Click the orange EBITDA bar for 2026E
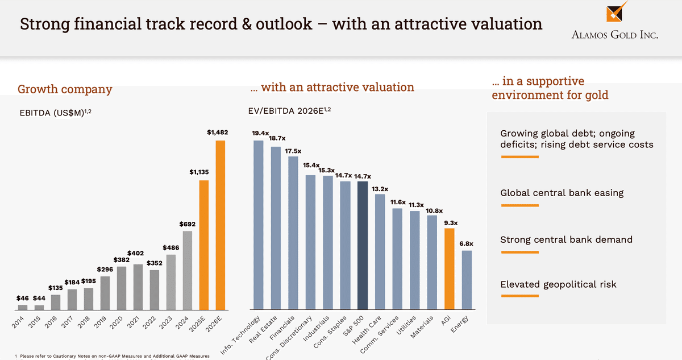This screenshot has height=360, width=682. click(220, 225)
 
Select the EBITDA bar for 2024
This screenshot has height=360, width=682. click(187, 270)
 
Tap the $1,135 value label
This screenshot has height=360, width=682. click(200, 171)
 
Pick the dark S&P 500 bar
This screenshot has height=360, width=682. click(362, 246)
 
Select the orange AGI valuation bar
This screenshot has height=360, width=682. click(449, 269)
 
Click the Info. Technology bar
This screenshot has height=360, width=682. click(259, 225)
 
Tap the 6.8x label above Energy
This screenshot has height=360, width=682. click(466, 243)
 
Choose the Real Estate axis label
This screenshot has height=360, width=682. click(269, 330)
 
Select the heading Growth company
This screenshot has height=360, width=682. click(65, 89)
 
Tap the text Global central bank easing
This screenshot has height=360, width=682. click(562, 193)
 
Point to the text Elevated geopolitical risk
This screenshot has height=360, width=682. click(558, 284)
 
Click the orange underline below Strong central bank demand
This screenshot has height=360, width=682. click(518, 252)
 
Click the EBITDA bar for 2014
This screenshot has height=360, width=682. click(23, 308)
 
